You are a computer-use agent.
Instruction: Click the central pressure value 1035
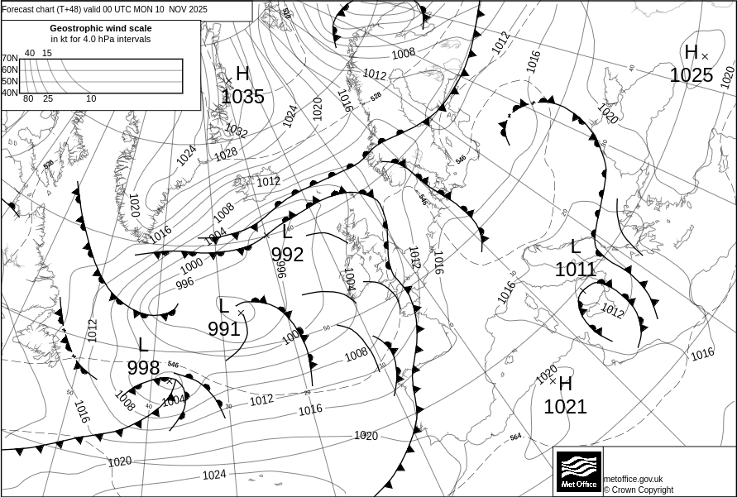[243, 97]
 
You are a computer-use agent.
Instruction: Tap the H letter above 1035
[242, 74]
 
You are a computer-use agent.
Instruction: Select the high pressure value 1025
[691, 75]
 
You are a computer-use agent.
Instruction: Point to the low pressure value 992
[288, 255]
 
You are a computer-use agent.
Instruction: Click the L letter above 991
[223, 306]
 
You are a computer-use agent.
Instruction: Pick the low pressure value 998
[143, 368]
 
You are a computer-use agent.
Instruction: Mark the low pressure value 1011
[576, 269]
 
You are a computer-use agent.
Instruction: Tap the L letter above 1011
[576, 246]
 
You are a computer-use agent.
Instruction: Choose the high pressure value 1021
[565, 407]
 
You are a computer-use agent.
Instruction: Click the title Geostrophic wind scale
[101, 28]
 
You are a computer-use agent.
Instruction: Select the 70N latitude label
[9, 59]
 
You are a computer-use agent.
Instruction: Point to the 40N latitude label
[9, 93]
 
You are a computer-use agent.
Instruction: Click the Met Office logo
[577, 471]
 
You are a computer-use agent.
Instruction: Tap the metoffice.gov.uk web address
[633, 479]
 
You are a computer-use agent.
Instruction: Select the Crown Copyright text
[638, 490]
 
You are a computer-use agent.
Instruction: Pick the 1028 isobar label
[226, 154]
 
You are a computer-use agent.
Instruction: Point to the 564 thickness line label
[515, 437]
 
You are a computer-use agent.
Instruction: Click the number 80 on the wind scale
[28, 99]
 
